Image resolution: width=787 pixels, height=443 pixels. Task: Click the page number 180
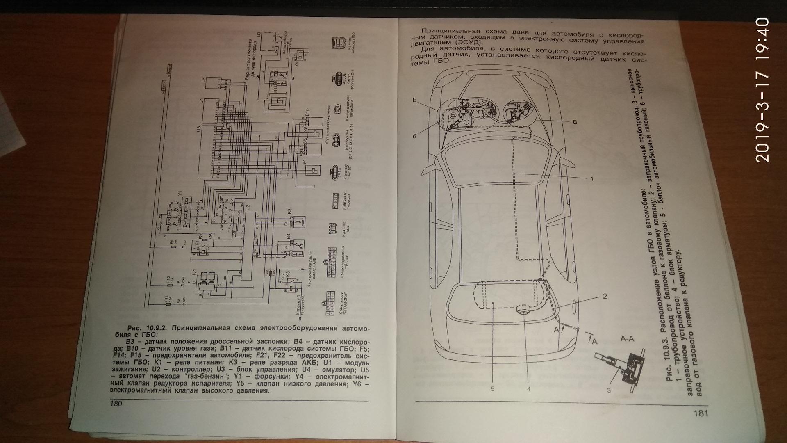116,403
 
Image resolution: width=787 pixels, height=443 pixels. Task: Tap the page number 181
701,413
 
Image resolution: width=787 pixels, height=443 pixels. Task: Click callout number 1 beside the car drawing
591,178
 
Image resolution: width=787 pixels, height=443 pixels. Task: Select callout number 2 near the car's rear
605,296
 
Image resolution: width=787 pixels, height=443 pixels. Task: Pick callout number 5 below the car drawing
493,389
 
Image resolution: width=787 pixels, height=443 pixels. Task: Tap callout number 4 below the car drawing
529,389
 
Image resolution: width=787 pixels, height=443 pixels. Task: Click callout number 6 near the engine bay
414,136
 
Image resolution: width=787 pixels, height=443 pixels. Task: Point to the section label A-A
628,339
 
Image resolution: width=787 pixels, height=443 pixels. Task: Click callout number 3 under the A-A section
609,390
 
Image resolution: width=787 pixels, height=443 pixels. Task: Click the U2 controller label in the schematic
247,208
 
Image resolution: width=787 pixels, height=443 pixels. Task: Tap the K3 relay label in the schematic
288,274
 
